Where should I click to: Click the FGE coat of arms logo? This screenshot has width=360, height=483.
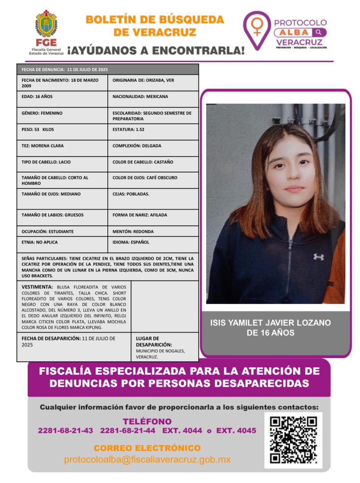point(46,24)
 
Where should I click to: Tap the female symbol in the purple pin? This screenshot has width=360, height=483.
point(257,27)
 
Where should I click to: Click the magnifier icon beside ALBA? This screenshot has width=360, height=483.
point(319,32)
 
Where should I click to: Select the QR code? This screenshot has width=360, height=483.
point(293,440)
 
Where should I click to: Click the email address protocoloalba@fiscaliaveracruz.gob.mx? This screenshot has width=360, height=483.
point(147,460)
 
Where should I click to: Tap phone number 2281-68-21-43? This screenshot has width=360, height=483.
point(65,431)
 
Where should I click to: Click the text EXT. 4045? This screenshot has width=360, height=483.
point(236,431)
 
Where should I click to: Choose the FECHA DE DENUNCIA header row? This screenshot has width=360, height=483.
point(108,69)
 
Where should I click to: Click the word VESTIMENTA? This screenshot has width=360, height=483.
point(37,287)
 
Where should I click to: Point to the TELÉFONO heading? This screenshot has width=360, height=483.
point(147,421)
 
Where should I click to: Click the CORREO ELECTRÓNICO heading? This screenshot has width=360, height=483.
point(147,448)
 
